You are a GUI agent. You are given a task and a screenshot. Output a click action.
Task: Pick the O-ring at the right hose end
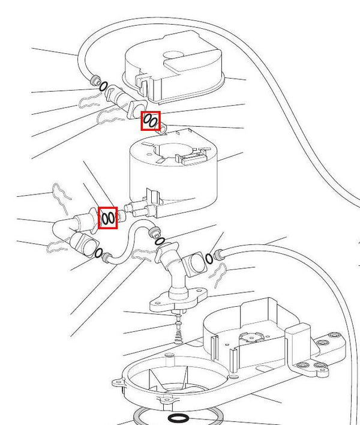209,259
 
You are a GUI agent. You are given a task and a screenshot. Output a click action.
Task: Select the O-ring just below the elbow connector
98,253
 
